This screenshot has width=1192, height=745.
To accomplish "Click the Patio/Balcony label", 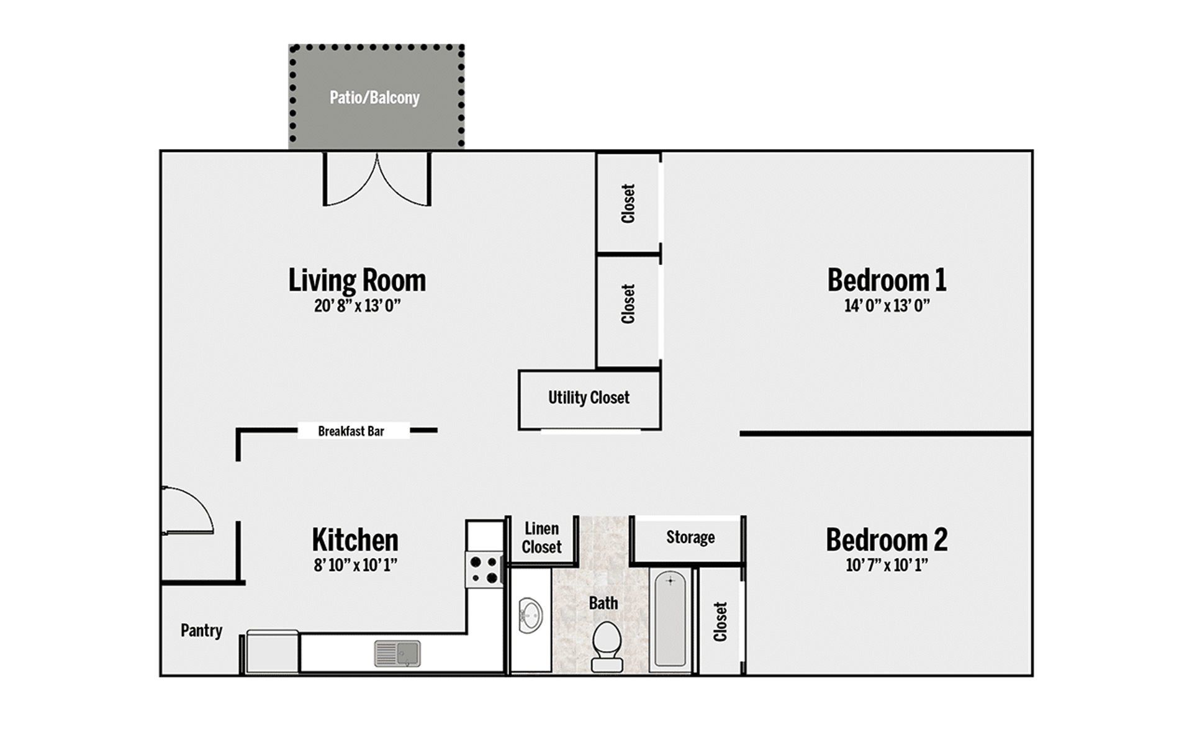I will point(374,97).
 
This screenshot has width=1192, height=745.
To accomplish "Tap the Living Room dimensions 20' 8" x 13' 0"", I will point(357,305).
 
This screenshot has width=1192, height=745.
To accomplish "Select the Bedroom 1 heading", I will point(886,280).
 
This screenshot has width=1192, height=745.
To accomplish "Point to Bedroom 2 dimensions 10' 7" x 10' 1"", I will point(886,565).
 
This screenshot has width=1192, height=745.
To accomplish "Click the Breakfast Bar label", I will point(351,431).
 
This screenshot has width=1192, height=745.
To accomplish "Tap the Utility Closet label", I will point(589,397).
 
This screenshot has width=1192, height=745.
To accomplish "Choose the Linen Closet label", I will point(541,538).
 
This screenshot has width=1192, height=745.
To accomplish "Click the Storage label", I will point(690,537).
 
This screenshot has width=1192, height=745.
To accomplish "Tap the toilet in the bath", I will point(607,646).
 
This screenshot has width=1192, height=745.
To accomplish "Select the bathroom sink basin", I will point(530,616).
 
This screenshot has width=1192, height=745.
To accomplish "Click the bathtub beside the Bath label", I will point(670,620).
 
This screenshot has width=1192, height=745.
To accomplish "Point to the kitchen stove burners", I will point(485,570).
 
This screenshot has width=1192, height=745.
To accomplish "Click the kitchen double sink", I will point(397,653).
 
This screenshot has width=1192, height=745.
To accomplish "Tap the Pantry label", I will point(201,630).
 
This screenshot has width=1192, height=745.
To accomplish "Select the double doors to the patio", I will point(377,180).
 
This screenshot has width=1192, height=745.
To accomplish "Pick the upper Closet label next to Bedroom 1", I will point(628,203).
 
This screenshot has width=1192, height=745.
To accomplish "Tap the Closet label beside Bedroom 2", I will point(720,621).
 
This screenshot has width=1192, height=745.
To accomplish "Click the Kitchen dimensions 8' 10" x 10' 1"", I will point(355,565).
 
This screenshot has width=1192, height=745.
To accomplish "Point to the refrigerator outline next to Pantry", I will point(272,652).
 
